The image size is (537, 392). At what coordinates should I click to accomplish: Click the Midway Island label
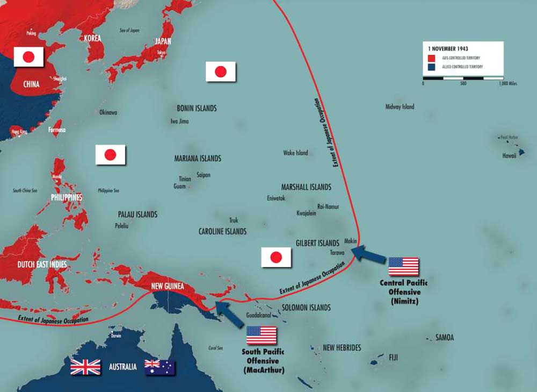(x=400, y=107)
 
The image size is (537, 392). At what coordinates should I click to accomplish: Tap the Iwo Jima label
(x=179, y=122)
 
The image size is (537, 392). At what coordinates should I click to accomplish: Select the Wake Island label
(x=295, y=153)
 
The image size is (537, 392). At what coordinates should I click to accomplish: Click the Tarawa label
(x=337, y=252)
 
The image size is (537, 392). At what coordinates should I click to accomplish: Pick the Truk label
(x=234, y=220)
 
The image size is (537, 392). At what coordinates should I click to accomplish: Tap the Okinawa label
(x=108, y=112)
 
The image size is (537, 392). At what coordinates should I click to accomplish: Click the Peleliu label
(x=121, y=226)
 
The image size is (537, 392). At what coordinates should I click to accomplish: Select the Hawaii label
(x=509, y=155)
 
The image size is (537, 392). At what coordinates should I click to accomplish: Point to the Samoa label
(x=444, y=338)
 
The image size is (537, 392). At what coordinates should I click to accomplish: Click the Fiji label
(x=394, y=357)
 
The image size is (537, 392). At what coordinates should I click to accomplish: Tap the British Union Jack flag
(x=85, y=367)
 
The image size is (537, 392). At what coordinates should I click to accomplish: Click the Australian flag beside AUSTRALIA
(x=159, y=367)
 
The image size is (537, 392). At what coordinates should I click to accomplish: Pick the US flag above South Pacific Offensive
(x=262, y=336)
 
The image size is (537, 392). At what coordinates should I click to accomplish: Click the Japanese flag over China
(x=28, y=56)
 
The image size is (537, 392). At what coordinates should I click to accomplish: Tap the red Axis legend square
(x=431, y=58)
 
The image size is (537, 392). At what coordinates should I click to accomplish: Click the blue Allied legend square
(x=431, y=67)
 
